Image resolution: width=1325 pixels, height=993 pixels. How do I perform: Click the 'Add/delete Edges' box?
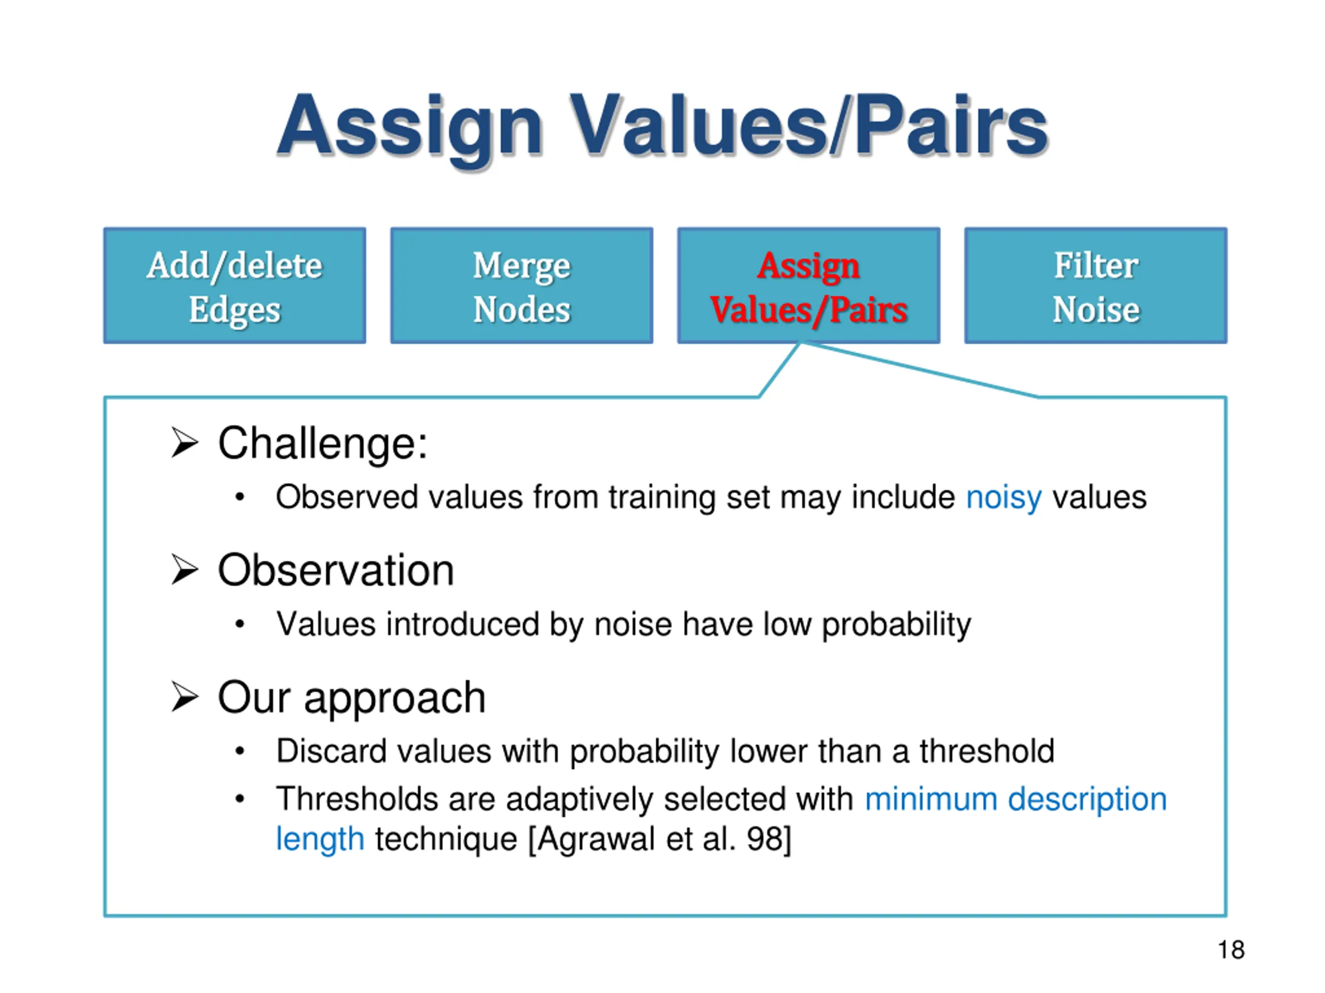[x=234, y=285]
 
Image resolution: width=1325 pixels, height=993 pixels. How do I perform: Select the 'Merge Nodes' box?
[x=521, y=285]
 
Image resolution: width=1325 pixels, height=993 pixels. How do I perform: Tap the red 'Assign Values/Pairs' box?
[x=808, y=285]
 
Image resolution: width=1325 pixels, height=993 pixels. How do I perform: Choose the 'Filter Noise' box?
[x=1095, y=285]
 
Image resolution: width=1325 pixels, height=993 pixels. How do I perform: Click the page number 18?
[x=1231, y=950]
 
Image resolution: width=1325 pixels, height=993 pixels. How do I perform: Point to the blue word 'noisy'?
[x=1004, y=498]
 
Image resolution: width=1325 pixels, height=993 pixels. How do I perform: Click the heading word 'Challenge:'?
[x=322, y=444]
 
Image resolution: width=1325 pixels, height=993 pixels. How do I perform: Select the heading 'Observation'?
[x=335, y=570]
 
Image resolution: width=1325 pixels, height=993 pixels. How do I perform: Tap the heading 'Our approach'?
[x=351, y=697]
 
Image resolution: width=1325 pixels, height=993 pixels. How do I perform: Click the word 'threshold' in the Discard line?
[x=987, y=751]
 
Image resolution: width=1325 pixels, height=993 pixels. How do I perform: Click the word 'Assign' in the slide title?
[x=410, y=126]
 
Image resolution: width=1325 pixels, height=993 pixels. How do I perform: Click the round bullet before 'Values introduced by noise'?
[x=240, y=624]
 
